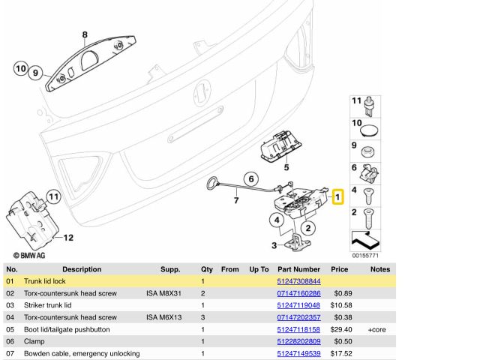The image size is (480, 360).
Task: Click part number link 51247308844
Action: [298, 280]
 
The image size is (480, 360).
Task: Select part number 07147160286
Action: [298, 293]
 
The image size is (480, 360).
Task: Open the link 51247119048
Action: [298, 305]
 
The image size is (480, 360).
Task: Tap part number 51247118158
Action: [298, 329]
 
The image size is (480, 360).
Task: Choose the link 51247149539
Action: [298, 353]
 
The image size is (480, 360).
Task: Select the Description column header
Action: [82, 268]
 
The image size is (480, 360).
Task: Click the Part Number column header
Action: [298, 268]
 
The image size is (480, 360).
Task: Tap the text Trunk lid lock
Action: [46, 280]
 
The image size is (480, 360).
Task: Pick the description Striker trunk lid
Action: [48, 305]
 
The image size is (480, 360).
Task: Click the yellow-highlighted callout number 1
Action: [337, 197]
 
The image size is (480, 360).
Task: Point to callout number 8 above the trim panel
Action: [85, 34]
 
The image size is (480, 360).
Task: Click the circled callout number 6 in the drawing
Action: [251, 178]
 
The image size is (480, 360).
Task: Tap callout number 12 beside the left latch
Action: [67, 238]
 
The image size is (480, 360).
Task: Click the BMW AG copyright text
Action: [25, 256]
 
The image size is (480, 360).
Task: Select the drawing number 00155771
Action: [366, 256]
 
